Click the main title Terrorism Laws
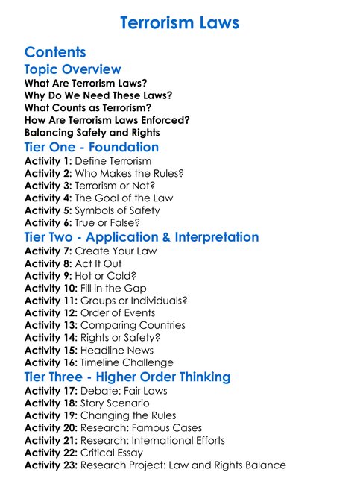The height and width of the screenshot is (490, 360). tap(180, 23)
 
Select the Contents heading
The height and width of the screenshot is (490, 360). tap(55, 52)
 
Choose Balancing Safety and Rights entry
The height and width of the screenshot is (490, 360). tap(92, 133)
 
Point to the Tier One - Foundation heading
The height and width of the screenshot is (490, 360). tap(92, 147)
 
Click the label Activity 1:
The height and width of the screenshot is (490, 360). tap(48, 160)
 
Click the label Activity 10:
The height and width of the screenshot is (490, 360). tap(51, 288)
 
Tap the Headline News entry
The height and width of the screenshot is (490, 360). tap(117, 351)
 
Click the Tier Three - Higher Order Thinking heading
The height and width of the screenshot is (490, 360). tap(127, 377)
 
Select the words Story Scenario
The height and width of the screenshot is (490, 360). tap(115, 403)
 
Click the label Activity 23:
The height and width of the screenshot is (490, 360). tap(51, 465)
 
